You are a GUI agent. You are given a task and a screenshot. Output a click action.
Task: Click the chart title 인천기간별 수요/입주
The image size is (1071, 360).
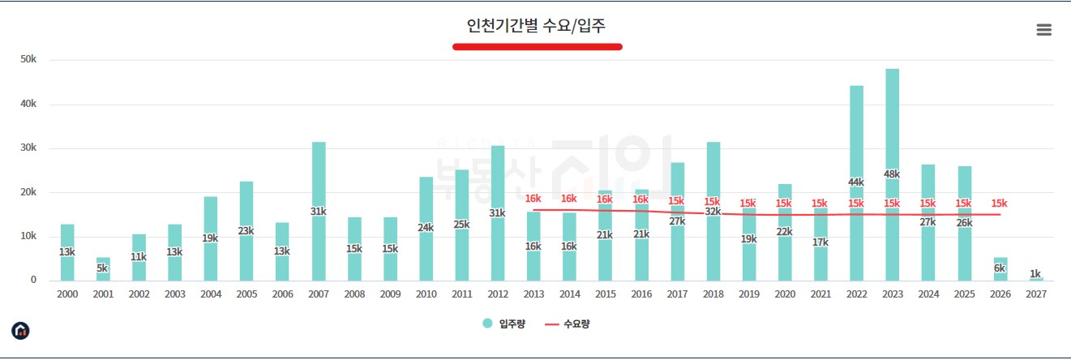click(536, 26)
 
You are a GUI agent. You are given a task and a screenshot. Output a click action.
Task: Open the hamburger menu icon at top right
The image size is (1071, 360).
click(1043, 30)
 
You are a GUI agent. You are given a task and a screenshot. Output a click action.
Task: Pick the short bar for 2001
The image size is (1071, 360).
click(103, 269)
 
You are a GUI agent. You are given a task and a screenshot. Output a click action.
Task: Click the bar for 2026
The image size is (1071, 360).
click(1000, 269)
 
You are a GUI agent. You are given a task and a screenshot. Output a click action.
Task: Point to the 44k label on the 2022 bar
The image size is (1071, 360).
click(856, 182)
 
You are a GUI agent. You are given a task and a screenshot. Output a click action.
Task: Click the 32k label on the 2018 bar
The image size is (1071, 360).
click(713, 212)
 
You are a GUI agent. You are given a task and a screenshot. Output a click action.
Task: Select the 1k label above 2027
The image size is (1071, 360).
click(1035, 274)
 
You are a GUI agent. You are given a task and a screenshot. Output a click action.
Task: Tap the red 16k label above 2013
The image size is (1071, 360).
click(533, 199)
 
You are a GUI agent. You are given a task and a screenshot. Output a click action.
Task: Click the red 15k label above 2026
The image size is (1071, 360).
click(1000, 204)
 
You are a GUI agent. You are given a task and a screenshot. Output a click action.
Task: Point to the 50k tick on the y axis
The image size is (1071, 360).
click(28, 60)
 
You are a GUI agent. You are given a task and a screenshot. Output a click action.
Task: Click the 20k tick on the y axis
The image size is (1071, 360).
click(28, 192)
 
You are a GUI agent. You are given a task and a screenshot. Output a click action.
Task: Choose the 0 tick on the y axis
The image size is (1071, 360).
click(33, 281)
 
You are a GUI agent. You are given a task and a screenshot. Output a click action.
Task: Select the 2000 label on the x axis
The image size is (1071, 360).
click(67, 295)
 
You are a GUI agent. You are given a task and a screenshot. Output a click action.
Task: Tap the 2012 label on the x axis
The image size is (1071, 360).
click(497, 295)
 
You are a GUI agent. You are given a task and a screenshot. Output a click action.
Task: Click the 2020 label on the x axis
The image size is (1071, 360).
click(784, 295)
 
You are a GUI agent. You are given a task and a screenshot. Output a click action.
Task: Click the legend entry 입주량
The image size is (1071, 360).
click(505, 324)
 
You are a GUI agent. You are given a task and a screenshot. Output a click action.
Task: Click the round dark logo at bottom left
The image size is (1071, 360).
click(20, 331)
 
